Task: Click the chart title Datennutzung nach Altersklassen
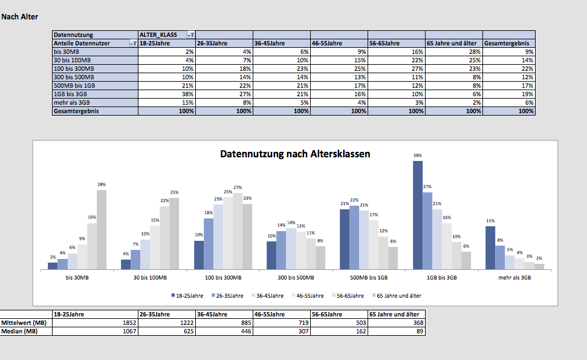pos(295,154)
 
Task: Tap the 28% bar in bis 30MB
pos(102,229)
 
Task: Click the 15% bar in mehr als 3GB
pos(490,247)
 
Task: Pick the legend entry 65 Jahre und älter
pos(399,296)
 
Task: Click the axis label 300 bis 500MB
pos(296,278)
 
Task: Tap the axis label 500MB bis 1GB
pos(369,278)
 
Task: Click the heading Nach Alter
pos(20,17)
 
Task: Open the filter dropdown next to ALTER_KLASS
pos(191,35)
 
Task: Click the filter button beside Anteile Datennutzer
pos(133,44)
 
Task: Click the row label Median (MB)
pos(21,332)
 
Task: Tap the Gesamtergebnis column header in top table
pos(507,44)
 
